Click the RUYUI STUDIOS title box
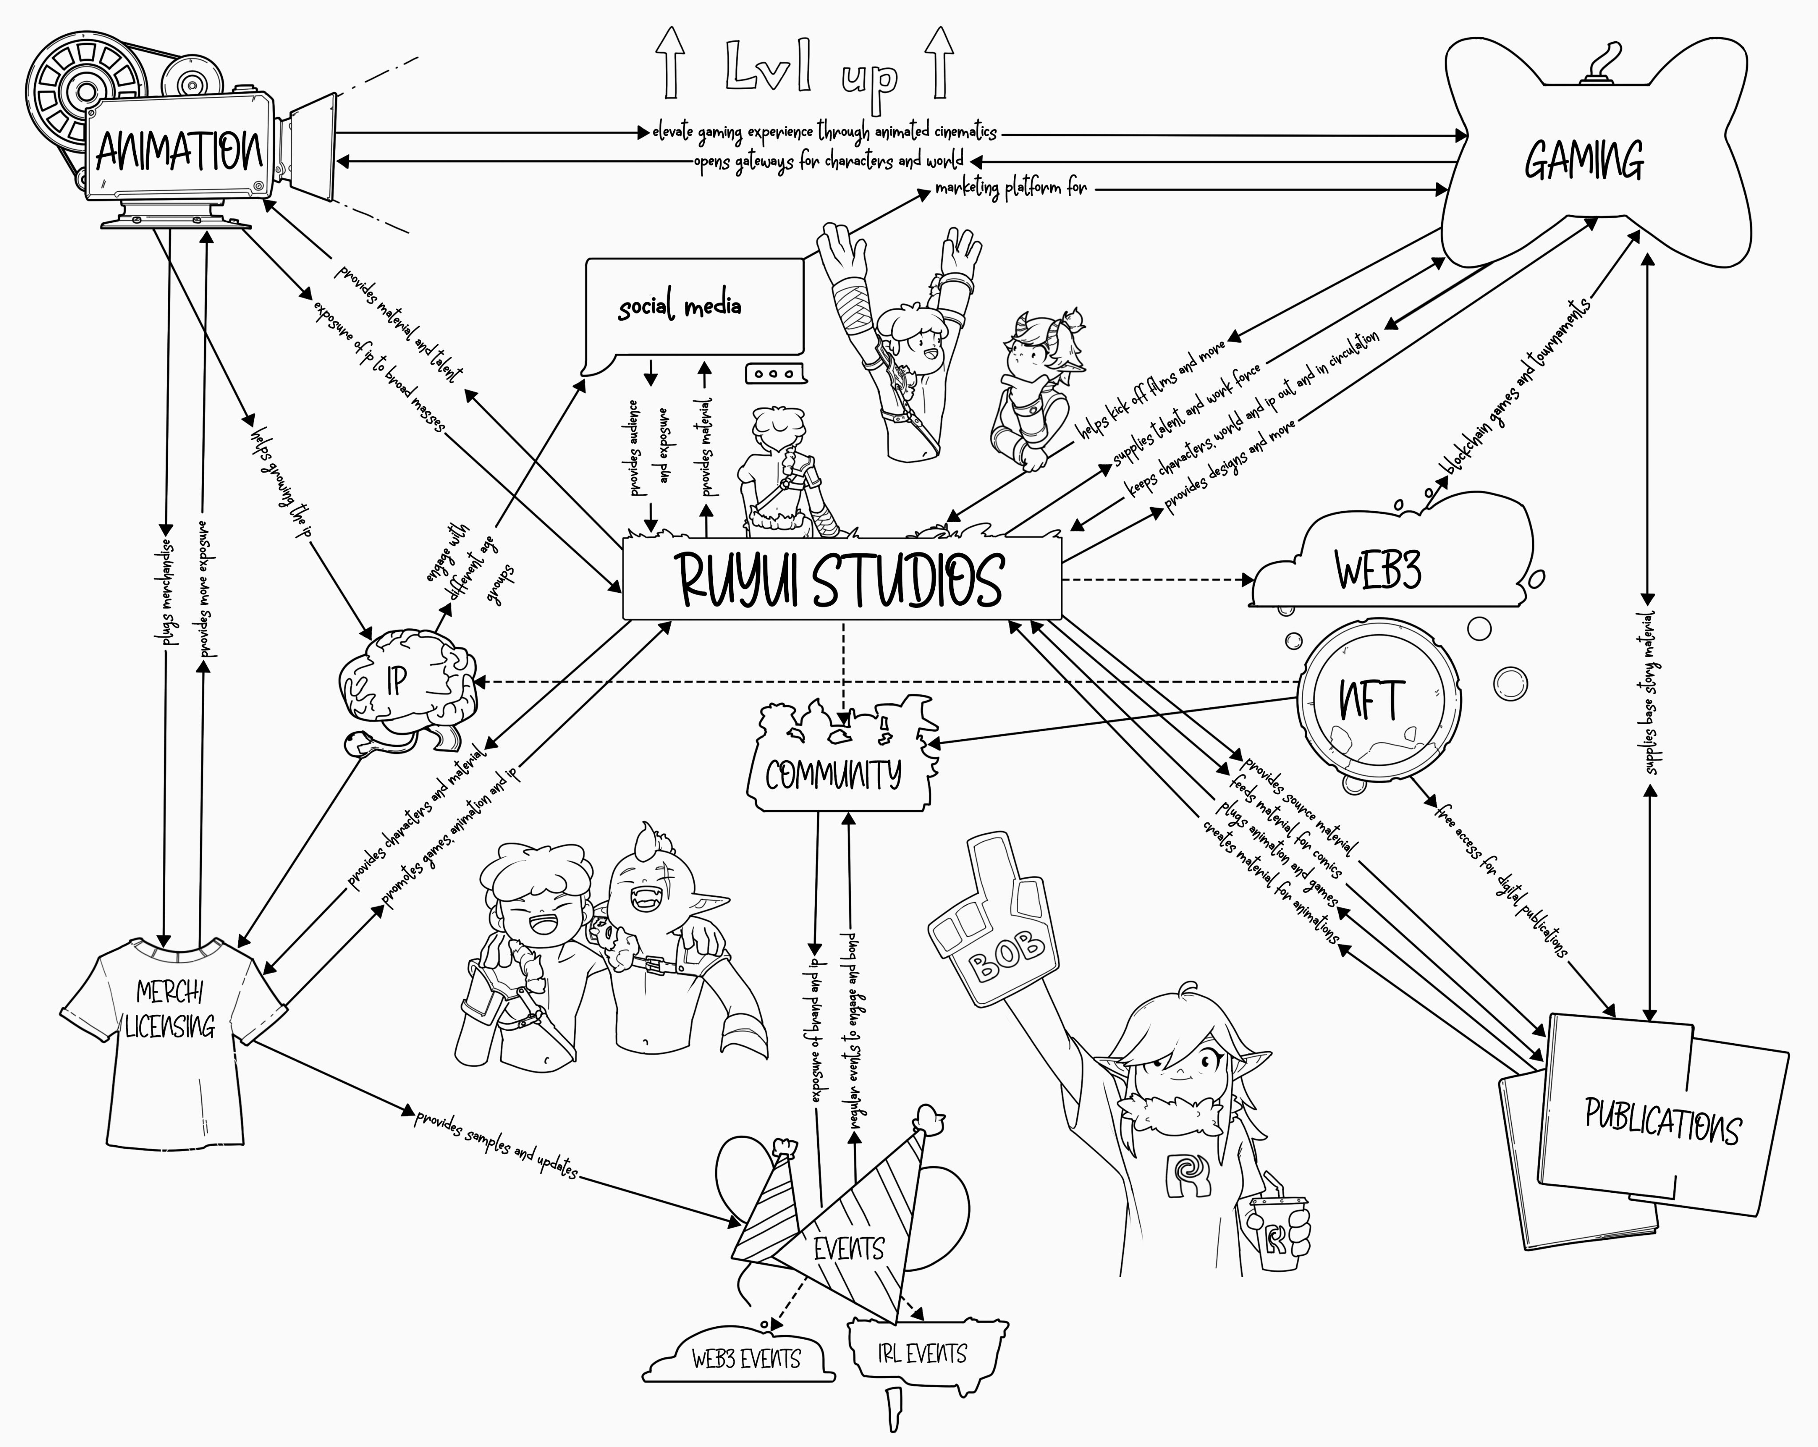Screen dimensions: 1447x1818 pyautogui.click(x=841, y=579)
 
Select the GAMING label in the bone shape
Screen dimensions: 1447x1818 pyautogui.click(x=1584, y=160)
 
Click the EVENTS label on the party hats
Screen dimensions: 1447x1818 pyautogui.click(x=848, y=1249)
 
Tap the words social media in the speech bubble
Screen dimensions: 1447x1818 pyautogui.click(x=680, y=306)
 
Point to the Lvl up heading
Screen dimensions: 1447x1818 pyautogui.click(x=811, y=76)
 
